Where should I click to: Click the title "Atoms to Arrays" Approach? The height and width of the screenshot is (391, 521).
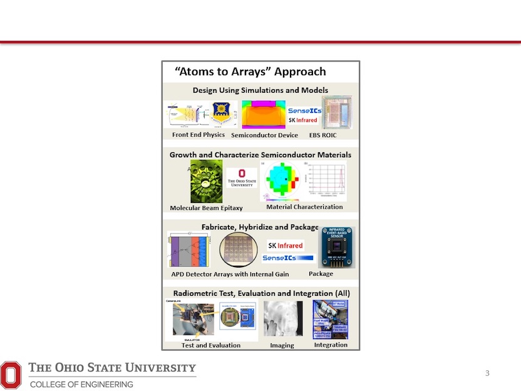point(250,71)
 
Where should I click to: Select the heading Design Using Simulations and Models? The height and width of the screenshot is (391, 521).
point(260,90)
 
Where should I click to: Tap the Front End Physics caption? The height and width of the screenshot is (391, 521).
point(198,135)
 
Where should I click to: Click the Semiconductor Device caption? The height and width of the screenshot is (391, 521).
point(264,135)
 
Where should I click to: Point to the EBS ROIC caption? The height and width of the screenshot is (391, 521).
point(323,135)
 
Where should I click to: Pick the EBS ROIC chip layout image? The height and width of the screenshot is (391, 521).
point(337,113)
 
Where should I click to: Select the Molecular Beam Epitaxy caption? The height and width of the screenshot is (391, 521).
point(206,208)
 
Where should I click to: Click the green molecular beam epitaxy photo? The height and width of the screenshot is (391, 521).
point(206,181)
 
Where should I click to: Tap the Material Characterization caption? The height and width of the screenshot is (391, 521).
point(304,207)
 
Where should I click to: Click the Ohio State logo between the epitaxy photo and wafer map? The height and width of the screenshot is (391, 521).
point(241,178)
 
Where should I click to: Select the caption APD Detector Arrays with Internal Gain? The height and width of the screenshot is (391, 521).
point(230,274)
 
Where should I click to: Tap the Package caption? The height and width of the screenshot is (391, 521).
point(321,274)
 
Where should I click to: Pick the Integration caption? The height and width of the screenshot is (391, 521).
point(331,345)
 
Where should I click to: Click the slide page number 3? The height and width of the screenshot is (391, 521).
point(487,374)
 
